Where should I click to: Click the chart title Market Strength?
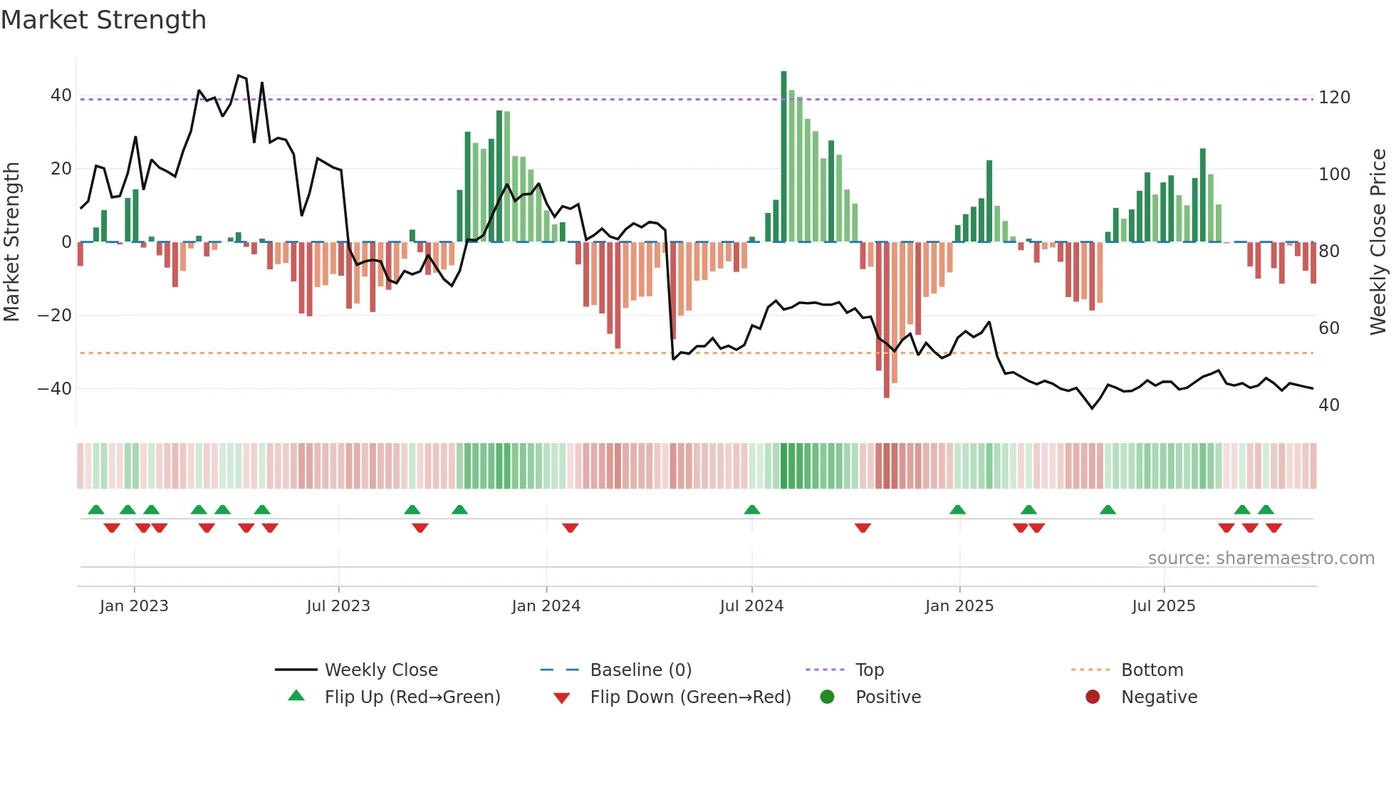click(104, 20)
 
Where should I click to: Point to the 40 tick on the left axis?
click(61, 95)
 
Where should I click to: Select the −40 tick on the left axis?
click(55, 389)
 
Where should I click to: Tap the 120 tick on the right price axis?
click(1334, 98)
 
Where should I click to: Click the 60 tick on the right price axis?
click(1329, 328)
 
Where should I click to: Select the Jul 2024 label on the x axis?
click(751, 606)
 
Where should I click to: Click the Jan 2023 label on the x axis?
click(134, 606)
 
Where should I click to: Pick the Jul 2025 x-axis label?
click(1163, 606)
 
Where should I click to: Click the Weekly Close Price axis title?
click(1378, 242)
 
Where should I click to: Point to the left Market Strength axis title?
click(12, 242)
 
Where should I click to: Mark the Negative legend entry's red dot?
click(1093, 697)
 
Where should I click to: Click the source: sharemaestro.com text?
click(1261, 558)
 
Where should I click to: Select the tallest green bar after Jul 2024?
click(783, 157)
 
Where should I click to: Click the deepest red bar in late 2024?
click(887, 321)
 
